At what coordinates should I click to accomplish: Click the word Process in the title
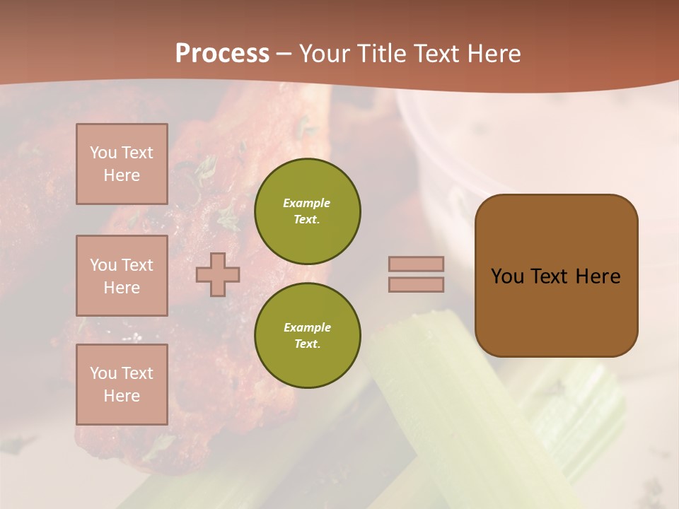pyautogui.click(x=222, y=54)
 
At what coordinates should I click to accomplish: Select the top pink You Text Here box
pyautogui.click(x=122, y=164)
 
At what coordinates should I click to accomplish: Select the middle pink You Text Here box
pyautogui.click(x=122, y=276)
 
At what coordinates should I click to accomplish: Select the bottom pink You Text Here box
pyautogui.click(x=122, y=384)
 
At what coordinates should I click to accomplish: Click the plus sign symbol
pyautogui.click(x=218, y=274)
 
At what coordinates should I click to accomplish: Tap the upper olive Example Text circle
pyautogui.click(x=307, y=211)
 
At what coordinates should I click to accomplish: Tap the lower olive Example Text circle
pyautogui.click(x=307, y=335)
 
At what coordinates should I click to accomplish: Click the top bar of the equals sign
pyautogui.click(x=416, y=264)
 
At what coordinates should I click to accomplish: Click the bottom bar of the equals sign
pyautogui.click(x=416, y=284)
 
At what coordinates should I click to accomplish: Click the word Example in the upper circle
pyautogui.click(x=307, y=203)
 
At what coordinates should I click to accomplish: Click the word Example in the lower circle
pyautogui.click(x=307, y=327)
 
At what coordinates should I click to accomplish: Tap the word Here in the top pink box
pyautogui.click(x=122, y=175)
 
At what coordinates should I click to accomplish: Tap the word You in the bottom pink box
pyautogui.click(x=103, y=373)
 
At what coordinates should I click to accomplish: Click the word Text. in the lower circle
pyautogui.click(x=307, y=344)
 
